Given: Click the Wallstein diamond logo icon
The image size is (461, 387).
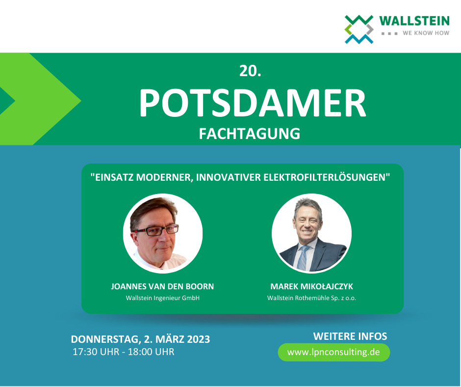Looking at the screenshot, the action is (x=359, y=29).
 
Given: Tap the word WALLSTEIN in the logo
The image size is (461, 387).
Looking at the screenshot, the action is (x=414, y=21).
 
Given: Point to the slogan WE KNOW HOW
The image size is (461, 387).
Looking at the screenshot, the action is (x=426, y=33).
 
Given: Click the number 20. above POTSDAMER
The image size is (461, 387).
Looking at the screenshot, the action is (x=250, y=71).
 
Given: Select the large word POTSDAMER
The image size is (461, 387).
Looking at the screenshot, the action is (x=253, y=103).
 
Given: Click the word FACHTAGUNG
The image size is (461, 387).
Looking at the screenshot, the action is (x=250, y=134).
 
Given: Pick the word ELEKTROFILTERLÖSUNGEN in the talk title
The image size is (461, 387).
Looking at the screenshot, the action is (x=326, y=177).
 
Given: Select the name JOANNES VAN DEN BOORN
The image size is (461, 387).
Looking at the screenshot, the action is (x=162, y=286).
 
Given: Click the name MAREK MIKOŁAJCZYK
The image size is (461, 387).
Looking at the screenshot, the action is (x=311, y=286).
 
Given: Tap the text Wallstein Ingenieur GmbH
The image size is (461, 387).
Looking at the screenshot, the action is (x=163, y=298).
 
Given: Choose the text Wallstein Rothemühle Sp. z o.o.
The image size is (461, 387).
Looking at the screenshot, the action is (x=311, y=298).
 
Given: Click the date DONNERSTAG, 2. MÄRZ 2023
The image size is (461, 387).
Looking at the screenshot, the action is (x=141, y=339).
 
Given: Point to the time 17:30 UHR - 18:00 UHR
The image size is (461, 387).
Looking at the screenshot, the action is (x=124, y=352).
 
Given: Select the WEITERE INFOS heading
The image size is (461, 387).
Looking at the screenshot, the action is (x=350, y=336).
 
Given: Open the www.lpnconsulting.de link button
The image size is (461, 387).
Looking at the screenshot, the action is (x=333, y=352).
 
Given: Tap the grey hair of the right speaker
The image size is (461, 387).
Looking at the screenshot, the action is (x=307, y=205).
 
